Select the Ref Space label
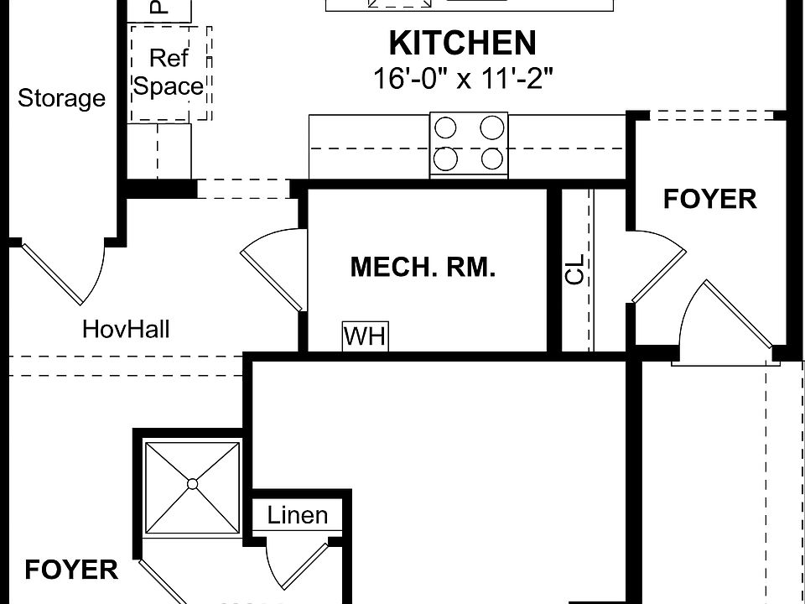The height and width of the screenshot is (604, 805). click(x=169, y=72)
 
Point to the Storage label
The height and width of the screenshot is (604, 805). click(x=62, y=98)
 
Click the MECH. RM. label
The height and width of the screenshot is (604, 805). click(x=423, y=268)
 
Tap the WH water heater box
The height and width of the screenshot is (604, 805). click(x=365, y=336)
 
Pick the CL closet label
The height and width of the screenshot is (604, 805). click(x=574, y=270)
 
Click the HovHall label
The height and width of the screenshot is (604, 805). click(x=126, y=329)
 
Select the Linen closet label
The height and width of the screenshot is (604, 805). click(x=298, y=514)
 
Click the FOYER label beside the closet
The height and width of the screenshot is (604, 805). click(x=709, y=200)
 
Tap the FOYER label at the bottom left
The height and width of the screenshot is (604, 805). click(x=71, y=570)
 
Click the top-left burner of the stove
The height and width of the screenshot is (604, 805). click(x=446, y=128)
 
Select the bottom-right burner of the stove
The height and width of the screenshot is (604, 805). click(x=493, y=158)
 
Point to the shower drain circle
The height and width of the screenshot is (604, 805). click(x=193, y=483)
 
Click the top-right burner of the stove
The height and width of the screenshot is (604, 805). click(x=493, y=128)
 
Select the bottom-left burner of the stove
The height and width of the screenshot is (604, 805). click(x=446, y=158)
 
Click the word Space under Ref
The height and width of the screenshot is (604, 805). click(x=169, y=86)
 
